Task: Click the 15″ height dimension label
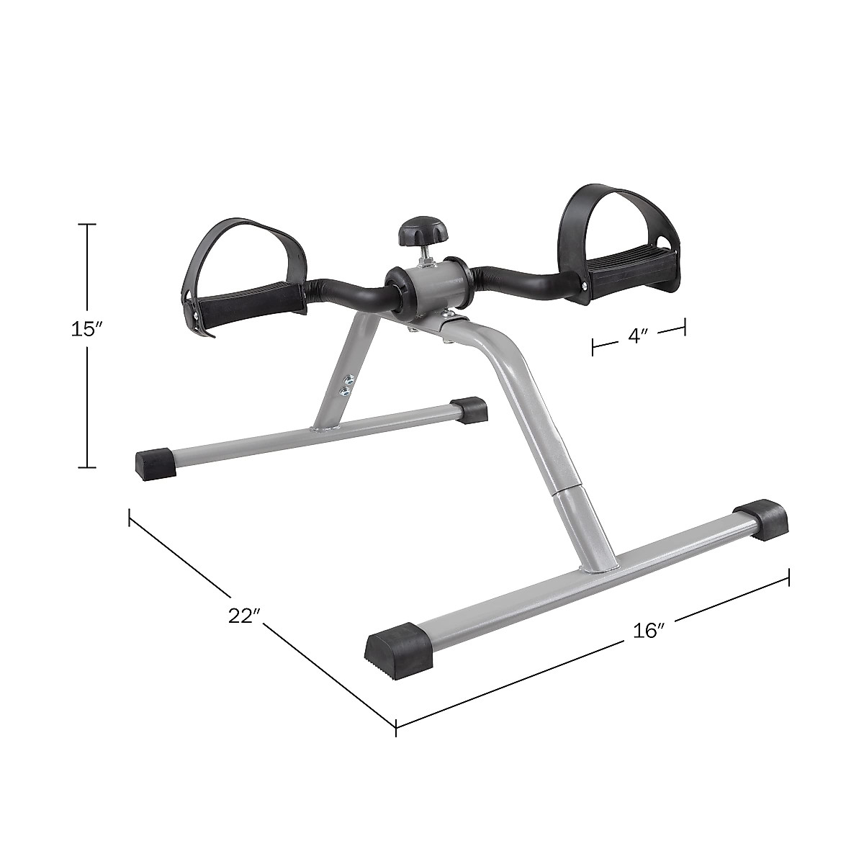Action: [87, 330]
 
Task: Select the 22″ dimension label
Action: [243, 616]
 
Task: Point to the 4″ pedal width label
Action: [637, 337]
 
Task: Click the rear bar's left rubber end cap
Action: [156, 461]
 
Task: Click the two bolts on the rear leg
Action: [346, 384]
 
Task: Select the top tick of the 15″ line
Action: [87, 225]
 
